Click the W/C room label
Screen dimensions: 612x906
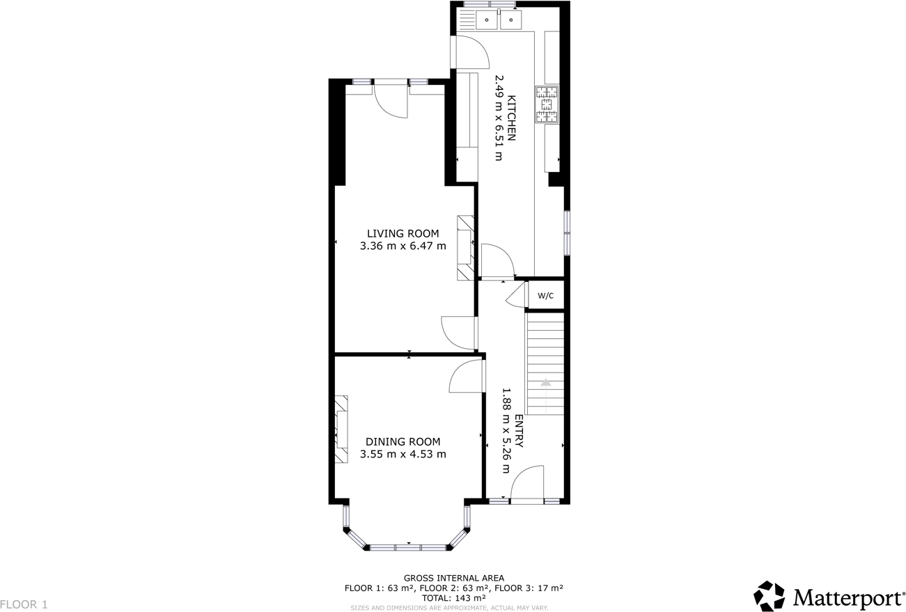point(545,296)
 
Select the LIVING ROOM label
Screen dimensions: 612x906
point(403,233)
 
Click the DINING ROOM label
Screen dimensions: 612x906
point(403,441)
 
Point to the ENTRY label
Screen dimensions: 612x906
point(518,432)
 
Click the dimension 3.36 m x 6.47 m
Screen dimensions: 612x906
point(403,246)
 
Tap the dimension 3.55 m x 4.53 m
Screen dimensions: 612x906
point(403,454)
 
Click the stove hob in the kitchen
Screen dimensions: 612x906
point(547,104)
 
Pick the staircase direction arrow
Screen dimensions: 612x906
point(546,382)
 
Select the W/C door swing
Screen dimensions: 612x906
point(517,295)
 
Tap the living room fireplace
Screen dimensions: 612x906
point(465,248)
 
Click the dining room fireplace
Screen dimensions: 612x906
point(341,430)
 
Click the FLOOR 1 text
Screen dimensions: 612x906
point(24,604)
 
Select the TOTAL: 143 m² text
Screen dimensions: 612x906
point(453,597)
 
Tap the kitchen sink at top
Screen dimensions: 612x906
point(499,19)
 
